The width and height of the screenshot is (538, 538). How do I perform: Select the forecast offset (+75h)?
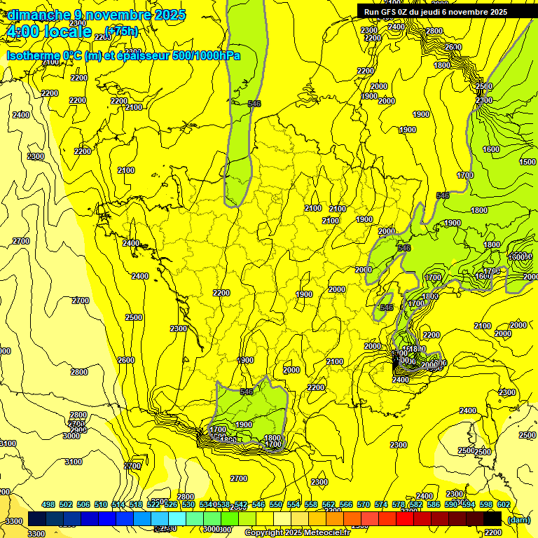[x=121, y=31]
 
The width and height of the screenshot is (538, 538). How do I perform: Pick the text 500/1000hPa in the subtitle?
[x=210, y=55]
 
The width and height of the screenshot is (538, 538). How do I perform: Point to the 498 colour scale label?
[x=48, y=504]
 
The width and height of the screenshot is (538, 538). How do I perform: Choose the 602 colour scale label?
[x=503, y=504]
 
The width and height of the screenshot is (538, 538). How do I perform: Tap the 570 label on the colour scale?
[x=363, y=504]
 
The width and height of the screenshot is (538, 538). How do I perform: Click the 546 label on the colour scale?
[x=258, y=504]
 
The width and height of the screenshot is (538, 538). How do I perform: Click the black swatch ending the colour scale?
[x=492, y=518]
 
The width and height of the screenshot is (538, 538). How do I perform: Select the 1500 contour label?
[x=527, y=162]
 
